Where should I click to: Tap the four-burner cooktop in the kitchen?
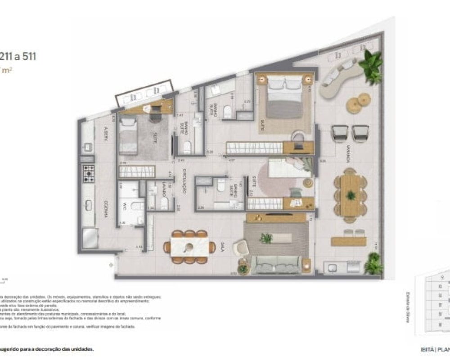[x=88, y=173]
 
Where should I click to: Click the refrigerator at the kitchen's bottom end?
[x=90, y=238]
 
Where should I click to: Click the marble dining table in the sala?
[x=189, y=247]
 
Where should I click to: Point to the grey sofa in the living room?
[x=275, y=265]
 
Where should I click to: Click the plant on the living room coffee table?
[x=266, y=238]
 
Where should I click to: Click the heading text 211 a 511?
[x=18, y=56]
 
